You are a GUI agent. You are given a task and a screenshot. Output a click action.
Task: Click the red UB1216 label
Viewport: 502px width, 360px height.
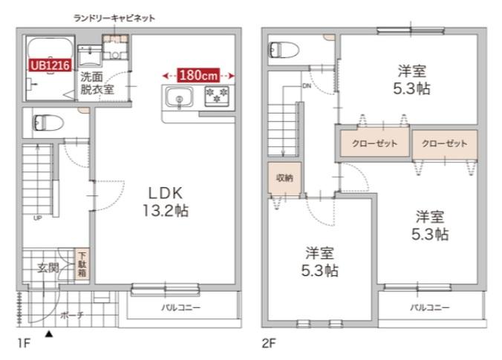click(49, 65)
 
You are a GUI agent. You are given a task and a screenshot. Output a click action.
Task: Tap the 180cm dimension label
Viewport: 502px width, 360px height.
click(198, 75)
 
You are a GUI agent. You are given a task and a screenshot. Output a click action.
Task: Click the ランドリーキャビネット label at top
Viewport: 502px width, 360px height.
click(114, 17)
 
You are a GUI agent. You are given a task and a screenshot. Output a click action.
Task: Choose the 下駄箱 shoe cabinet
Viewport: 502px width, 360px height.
click(82, 264)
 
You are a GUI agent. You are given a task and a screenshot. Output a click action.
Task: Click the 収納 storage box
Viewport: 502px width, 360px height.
click(285, 177)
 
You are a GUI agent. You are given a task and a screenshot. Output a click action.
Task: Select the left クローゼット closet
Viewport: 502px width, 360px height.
click(374, 143)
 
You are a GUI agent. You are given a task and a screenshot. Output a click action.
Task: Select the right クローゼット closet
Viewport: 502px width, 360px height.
click(444, 143)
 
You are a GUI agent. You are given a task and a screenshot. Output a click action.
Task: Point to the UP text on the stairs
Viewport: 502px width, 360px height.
click(37, 217)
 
